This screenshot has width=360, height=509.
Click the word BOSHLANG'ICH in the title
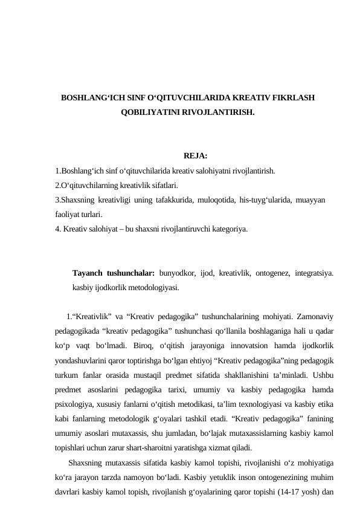(x=89, y=97)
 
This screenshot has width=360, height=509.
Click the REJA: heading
(x=195, y=157)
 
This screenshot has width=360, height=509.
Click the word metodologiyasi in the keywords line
(x=149, y=288)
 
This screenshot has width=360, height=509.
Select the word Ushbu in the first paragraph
(x=324, y=375)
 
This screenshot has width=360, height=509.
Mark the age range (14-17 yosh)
(x=300, y=491)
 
